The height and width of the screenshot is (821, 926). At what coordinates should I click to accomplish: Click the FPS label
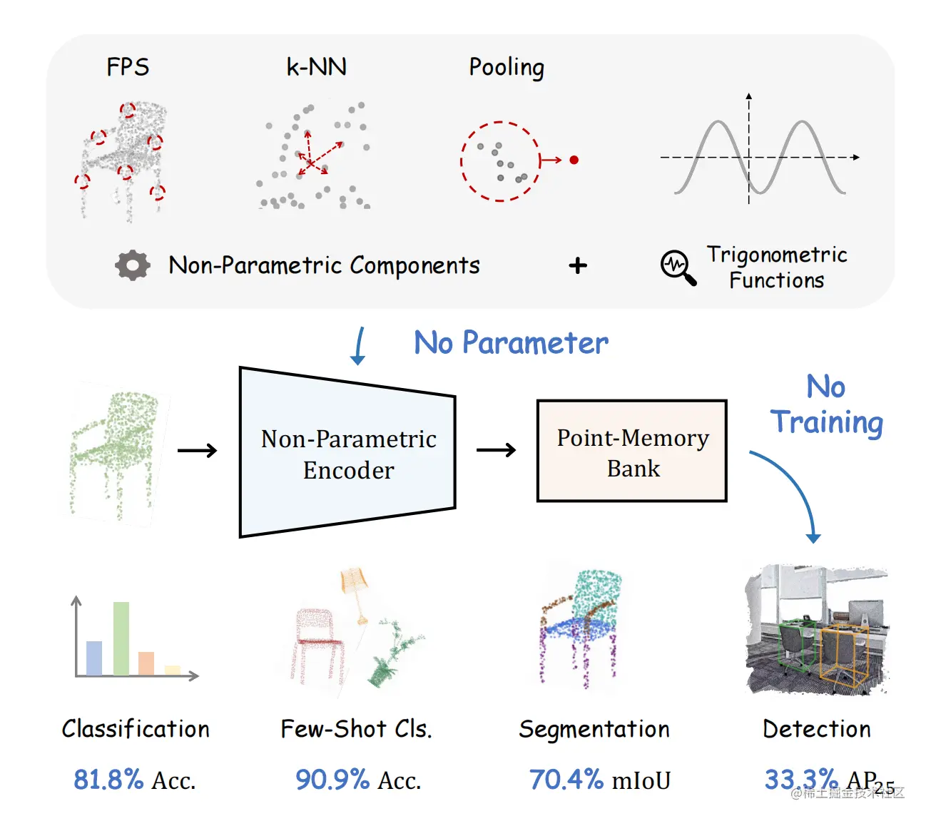(128, 67)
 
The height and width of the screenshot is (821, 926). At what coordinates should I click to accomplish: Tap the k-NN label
(316, 67)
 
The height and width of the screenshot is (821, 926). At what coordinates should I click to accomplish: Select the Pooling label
(507, 68)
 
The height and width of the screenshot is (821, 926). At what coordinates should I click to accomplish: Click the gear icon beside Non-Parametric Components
(133, 265)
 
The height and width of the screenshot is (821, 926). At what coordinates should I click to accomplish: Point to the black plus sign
(578, 266)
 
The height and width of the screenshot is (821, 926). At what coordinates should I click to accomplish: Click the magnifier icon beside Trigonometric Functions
(678, 267)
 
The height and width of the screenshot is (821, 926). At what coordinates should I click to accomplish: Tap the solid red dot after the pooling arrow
(574, 160)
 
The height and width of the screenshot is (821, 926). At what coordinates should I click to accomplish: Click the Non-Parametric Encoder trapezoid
(347, 453)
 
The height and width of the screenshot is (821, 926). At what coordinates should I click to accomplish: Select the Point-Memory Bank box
(632, 452)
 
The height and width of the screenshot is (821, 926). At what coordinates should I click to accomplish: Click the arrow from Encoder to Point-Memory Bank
(496, 450)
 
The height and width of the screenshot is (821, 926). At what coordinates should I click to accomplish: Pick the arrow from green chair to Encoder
(197, 450)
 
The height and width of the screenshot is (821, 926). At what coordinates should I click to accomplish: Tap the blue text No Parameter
(511, 343)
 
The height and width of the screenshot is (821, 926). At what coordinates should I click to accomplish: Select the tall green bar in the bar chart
(121, 638)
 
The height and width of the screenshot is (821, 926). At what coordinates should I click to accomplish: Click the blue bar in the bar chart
(94, 658)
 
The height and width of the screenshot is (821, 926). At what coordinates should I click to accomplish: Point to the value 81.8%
(108, 780)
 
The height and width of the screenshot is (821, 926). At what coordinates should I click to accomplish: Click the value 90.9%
(332, 780)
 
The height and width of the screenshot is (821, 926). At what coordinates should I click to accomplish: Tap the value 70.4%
(566, 780)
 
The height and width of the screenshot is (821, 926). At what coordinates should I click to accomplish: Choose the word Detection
(817, 729)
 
